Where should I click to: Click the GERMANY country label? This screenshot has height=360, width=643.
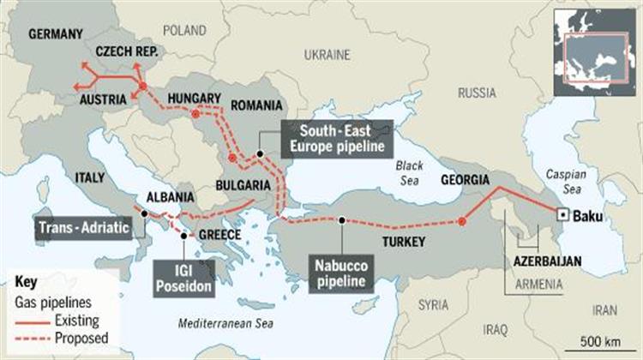pos(56,34)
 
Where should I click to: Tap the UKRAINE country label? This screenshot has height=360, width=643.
pos(328,54)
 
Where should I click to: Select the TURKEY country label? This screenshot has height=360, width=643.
pos(403,242)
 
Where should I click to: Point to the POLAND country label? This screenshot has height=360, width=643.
pos(185,30)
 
